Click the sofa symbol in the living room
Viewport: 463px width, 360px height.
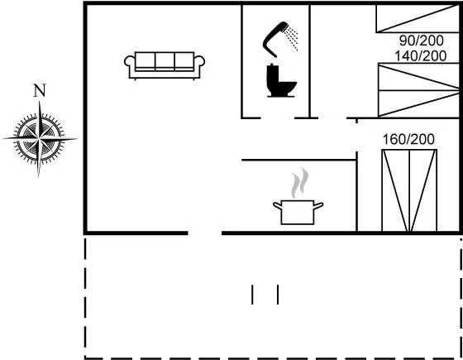[x=165, y=65]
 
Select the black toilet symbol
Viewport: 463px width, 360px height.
[x=281, y=80]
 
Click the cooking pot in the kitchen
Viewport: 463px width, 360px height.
[x=298, y=212]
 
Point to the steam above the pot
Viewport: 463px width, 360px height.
[x=299, y=183]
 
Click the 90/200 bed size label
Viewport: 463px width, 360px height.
[x=422, y=41]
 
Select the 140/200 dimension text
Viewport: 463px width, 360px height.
[x=421, y=56]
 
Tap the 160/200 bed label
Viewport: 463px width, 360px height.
[x=408, y=139]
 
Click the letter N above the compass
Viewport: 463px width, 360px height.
[x=40, y=91]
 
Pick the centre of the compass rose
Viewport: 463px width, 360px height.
[x=40, y=138]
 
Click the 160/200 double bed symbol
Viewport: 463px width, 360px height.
[x=409, y=190]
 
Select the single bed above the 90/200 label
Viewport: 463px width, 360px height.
[x=418, y=17]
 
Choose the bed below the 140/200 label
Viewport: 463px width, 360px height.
[x=419, y=90]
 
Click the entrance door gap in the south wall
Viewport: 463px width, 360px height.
[x=205, y=233]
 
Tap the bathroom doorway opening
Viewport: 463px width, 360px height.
[x=278, y=118]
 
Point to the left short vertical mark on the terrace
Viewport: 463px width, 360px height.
[x=252, y=295]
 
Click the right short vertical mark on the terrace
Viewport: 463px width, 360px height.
[x=278, y=295]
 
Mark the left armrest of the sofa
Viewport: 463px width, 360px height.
[x=130, y=61]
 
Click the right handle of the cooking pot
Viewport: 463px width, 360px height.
[x=318, y=205]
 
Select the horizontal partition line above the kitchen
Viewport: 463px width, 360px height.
[x=298, y=160]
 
